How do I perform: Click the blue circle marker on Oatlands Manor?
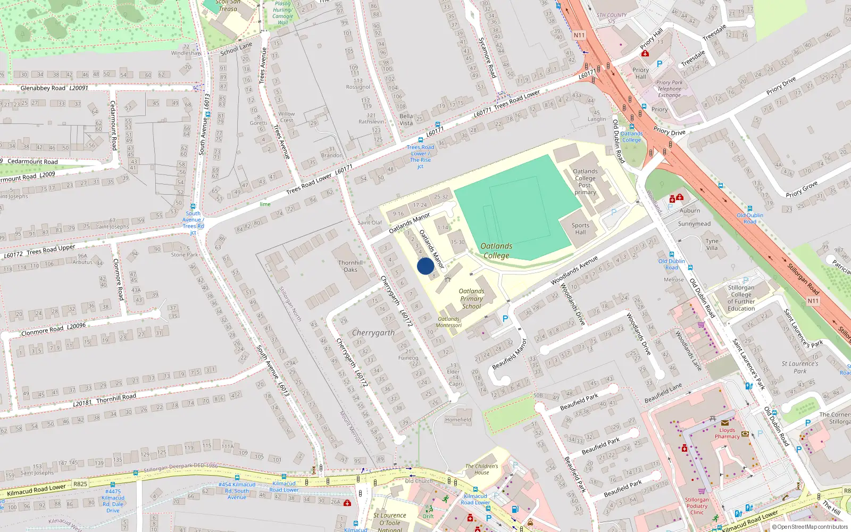[x=425, y=266]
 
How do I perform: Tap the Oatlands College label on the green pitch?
[x=496, y=251]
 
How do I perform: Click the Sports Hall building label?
[x=580, y=229]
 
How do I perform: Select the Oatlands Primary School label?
[x=471, y=298]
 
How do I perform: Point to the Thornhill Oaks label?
[x=351, y=266]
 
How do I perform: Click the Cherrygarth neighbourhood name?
[x=373, y=332]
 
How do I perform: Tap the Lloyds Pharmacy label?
[x=727, y=433]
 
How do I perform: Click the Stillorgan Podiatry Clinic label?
[x=697, y=506]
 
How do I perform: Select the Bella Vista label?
[x=406, y=119]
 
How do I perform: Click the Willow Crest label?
[x=286, y=117]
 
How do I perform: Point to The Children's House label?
[x=482, y=469]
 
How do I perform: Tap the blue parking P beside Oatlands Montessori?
[x=505, y=319]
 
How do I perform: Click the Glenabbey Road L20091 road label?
[x=54, y=88]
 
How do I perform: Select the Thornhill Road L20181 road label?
[x=105, y=400]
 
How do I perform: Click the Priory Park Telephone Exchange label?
[x=669, y=89]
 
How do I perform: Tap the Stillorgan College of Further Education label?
[x=741, y=298]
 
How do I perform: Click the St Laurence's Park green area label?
[x=800, y=367]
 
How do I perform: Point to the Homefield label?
[x=458, y=420]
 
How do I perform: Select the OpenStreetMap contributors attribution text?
[x=812, y=527]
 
